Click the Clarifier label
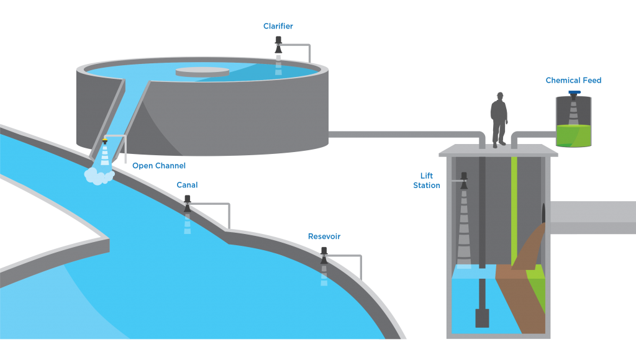pos(278,26)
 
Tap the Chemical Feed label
pos(573,80)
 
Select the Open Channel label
pos(159,166)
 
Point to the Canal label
pos(187,185)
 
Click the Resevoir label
pos(324,236)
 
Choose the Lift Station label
pos(426,181)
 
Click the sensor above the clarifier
pos(278,45)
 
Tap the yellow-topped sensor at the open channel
pos(104,142)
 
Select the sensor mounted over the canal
pos(188,204)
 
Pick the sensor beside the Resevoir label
pos(324,255)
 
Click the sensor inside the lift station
pos(464,181)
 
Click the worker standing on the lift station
pos(499,120)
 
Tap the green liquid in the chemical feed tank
pos(573,136)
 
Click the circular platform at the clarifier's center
pos(202,72)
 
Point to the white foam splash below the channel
pos(99,176)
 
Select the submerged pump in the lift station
pos(482,318)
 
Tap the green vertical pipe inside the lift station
pos(514,211)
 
